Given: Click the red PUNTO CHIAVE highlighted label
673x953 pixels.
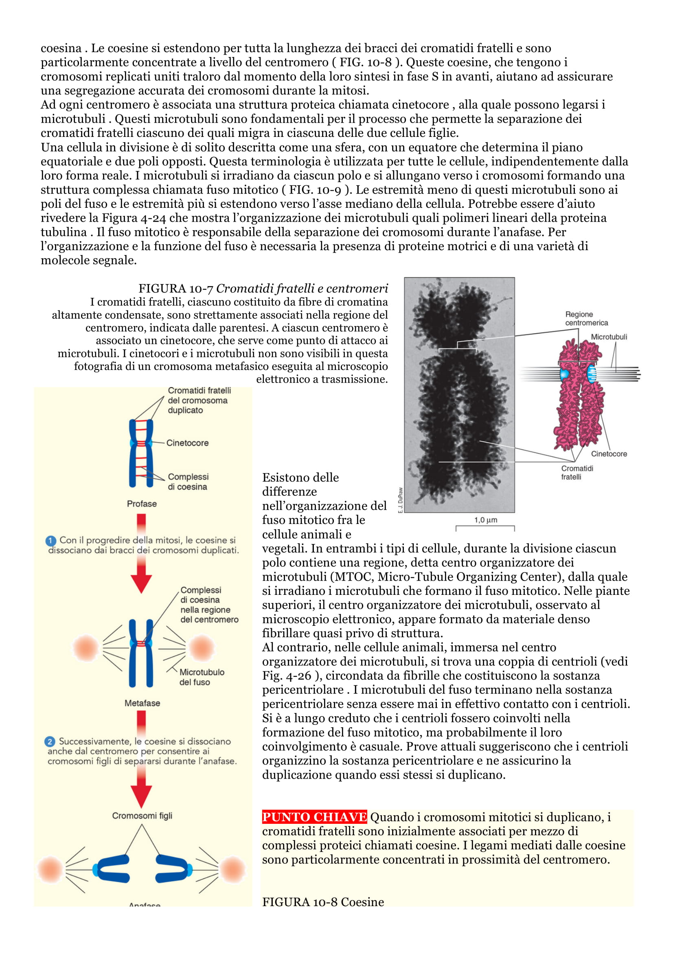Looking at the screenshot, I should tap(314, 817).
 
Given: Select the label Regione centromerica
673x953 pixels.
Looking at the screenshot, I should tap(586, 318).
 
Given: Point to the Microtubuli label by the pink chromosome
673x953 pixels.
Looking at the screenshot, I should tap(608, 337).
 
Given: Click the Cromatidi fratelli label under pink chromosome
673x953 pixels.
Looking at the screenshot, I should tap(577, 472).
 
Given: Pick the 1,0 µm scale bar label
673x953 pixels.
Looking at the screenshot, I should tap(486, 519).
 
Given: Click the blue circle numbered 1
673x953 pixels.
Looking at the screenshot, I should tap(50, 541).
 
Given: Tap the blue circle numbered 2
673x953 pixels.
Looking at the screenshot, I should tap(50, 741).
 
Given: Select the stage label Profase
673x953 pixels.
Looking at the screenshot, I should tap(142, 504).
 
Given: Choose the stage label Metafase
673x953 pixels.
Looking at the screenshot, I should tap(142, 703).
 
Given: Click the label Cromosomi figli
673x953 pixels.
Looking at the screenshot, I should tap(142, 816).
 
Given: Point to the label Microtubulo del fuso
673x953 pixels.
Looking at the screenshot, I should tap(202, 677).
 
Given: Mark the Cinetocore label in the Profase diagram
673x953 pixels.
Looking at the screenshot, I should tap(187, 443).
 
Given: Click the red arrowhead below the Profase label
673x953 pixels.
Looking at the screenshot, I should tap(141, 583).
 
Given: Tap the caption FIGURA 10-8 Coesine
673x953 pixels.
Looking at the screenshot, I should tap(323, 902).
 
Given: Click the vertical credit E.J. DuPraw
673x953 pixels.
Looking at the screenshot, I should tap(400, 500).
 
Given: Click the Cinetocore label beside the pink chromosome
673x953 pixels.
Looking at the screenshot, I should tap(609, 453).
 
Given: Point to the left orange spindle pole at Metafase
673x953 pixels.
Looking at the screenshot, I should tap(85, 647).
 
